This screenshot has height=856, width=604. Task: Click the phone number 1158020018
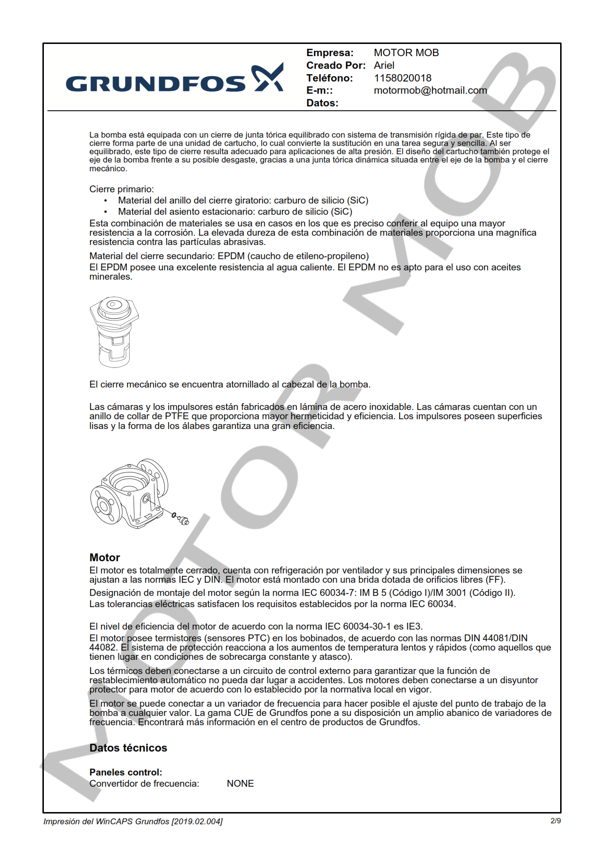pos(402,78)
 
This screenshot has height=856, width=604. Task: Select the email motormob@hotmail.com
pos(430,90)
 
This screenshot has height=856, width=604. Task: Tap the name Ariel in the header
pos(384,65)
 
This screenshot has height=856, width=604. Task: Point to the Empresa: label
pos(330,53)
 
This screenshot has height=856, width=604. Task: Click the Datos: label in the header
pos(322,103)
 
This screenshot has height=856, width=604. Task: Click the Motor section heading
pos(104,557)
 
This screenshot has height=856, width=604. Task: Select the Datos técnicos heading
pos(128,748)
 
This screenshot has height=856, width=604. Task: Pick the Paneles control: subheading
pos(125,772)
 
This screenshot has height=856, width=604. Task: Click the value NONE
pos(240,783)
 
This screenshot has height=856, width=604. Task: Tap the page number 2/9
pos(555,821)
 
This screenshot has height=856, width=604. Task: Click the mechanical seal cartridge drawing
pos(114,332)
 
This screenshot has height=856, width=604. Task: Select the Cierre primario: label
pos(121,189)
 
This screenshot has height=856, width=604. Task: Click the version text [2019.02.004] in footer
pos(197,821)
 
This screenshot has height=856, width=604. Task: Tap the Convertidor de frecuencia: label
pos(144,783)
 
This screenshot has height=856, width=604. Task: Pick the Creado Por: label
pos(335,65)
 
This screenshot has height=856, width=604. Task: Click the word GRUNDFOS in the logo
pos(156,84)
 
